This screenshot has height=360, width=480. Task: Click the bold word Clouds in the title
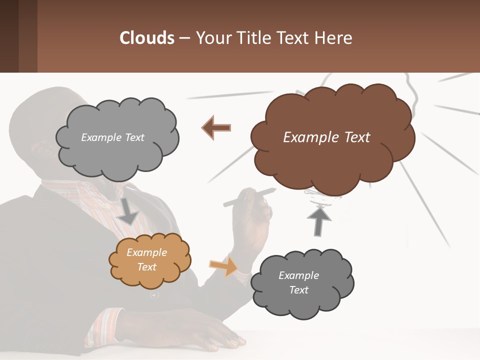click(147, 38)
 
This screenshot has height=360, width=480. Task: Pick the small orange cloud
click(150, 260)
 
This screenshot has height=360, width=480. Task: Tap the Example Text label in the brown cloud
click(326, 137)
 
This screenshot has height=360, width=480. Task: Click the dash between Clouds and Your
click(184, 38)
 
